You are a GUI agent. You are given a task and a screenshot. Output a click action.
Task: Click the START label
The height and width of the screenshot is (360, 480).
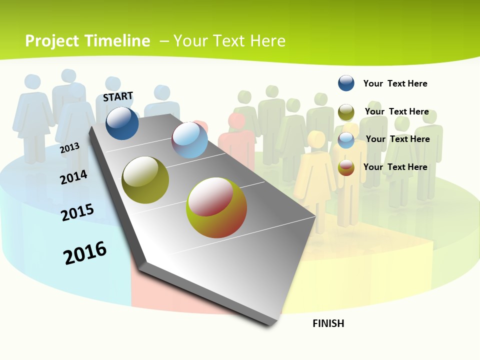(118, 96)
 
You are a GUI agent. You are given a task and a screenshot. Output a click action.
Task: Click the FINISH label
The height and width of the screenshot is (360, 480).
(328, 323)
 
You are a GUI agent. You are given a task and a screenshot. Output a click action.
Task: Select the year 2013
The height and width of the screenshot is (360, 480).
(69, 148)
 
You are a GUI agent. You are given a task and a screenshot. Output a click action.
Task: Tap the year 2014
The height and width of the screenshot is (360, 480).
(73, 177)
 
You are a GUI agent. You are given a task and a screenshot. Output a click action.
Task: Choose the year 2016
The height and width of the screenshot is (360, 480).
(85, 253)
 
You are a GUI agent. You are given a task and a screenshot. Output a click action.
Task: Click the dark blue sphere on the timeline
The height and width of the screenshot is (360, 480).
(122, 123)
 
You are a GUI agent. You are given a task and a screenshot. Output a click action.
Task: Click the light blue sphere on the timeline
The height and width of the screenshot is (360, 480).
(189, 140)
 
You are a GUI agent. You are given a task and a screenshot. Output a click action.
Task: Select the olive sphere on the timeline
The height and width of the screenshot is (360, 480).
(145, 180)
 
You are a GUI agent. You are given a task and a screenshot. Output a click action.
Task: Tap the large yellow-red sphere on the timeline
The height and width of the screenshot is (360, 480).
(216, 207)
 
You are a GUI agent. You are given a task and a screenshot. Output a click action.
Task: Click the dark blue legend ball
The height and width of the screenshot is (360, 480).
(346, 83)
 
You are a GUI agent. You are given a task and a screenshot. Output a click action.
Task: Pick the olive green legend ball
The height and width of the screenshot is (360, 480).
(346, 112)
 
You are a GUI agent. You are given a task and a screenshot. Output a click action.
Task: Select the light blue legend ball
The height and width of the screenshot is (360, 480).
(346, 140)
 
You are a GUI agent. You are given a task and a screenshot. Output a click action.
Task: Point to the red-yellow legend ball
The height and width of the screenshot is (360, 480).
(346, 167)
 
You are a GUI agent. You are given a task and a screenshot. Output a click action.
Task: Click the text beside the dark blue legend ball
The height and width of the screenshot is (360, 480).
(395, 83)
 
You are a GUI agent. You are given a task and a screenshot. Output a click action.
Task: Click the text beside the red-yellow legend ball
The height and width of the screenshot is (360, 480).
(395, 167)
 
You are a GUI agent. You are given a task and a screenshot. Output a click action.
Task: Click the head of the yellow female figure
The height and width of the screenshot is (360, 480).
(316, 138)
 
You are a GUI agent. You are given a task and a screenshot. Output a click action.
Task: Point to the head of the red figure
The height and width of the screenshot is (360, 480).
(236, 120)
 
